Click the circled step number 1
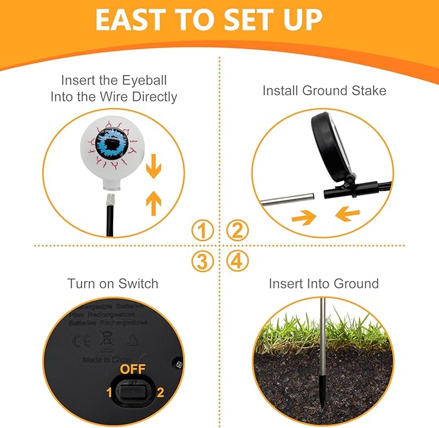point(203,230)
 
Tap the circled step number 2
point(237,230)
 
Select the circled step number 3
point(203,262)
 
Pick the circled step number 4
point(237,262)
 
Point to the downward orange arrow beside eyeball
point(154,169)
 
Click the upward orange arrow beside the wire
point(154,203)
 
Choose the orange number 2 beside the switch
point(160,391)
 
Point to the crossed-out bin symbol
point(106,338)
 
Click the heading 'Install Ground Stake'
point(324,91)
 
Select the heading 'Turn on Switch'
point(112,283)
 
